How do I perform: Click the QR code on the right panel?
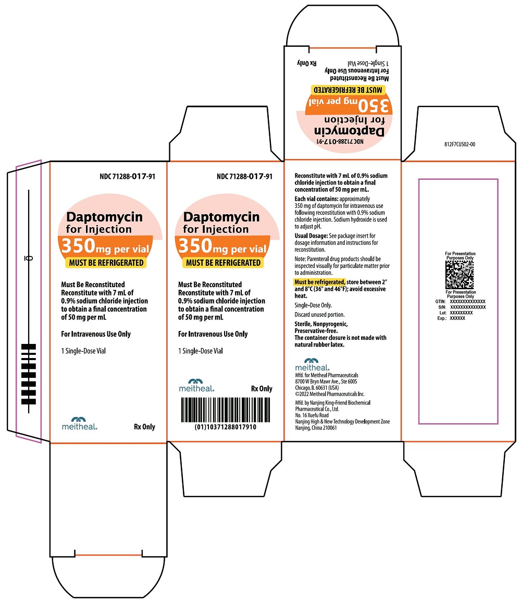coord(460,275)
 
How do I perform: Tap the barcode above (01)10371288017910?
coord(226,410)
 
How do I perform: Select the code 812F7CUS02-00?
coord(460,144)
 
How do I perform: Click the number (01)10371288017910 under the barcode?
coord(226,427)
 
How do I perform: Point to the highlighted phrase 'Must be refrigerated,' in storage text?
coord(319,282)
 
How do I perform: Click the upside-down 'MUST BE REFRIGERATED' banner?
coord(348,90)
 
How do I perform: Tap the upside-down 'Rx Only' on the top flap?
coord(306,63)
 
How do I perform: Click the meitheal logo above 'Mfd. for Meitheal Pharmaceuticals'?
coord(312,364)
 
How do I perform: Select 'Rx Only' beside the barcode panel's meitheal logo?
coord(262,389)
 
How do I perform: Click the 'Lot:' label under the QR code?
coord(443,313)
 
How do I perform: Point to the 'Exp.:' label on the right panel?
coord(442,318)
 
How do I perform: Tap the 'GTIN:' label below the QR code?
coord(441,302)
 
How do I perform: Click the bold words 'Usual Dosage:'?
coord(311,236)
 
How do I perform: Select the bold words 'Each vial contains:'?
coord(317,199)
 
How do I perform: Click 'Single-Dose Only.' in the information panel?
coord(313,305)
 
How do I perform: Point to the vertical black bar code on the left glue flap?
coord(29,374)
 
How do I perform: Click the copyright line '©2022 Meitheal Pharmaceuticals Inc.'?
coord(330,394)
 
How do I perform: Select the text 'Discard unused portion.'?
coord(319,315)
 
